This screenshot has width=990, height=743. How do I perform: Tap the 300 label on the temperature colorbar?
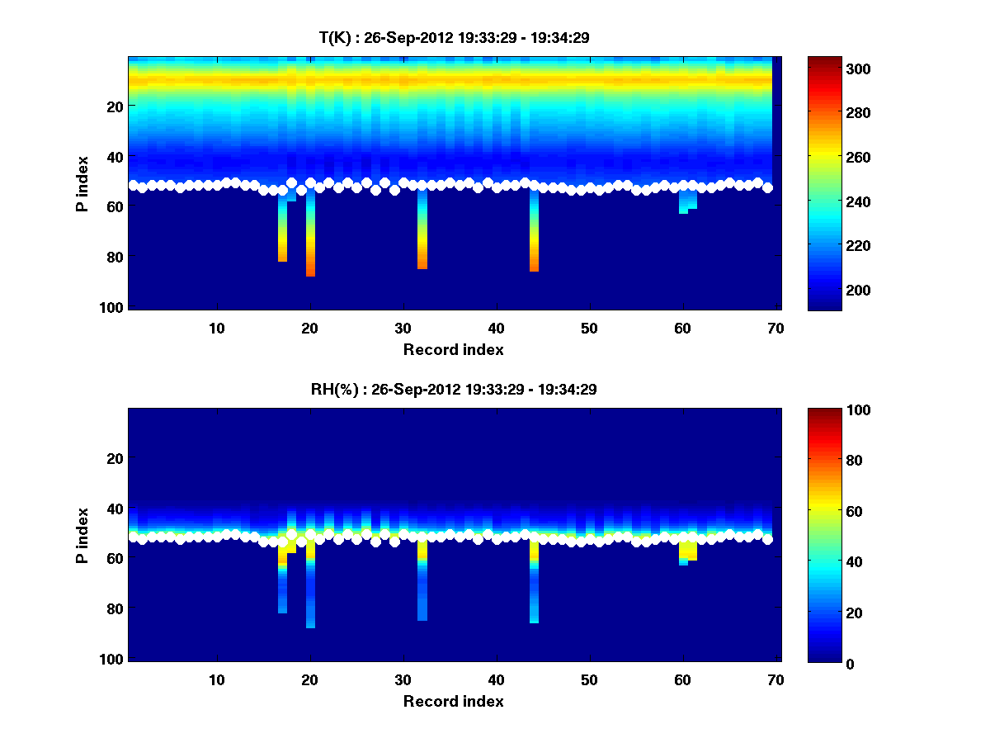coord(832,69)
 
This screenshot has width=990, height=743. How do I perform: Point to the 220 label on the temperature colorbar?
coord(832,246)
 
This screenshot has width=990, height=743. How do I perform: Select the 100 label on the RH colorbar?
coord(832,410)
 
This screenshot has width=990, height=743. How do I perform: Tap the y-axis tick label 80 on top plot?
coord(114,257)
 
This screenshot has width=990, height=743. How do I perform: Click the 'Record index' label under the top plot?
coord(453,349)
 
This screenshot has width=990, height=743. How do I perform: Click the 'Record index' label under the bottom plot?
coord(453,701)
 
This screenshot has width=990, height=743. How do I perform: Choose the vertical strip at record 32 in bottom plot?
coord(422,586)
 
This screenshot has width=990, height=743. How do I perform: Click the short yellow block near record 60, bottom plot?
coord(688,550)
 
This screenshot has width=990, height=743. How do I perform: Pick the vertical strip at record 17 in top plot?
coord(282,235)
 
